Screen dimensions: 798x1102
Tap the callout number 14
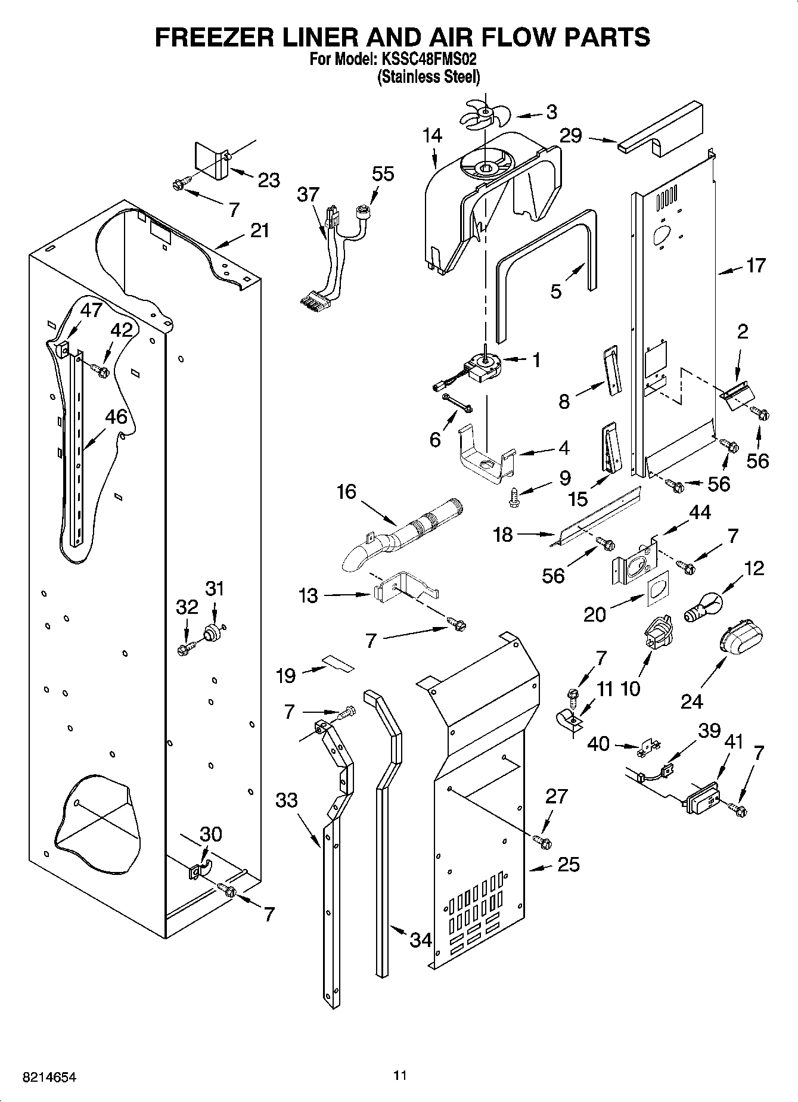(x=433, y=136)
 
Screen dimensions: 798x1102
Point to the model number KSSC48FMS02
(x=426, y=60)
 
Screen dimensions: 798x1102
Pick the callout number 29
(x=570, y=136)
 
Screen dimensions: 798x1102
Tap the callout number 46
(x=116, y=417)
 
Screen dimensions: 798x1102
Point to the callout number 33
(x=287, y=800)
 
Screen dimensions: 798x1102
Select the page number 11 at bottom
(x=400, y=1075)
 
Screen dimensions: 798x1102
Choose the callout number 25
(x=568, y=864)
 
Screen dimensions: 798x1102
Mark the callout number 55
(x=383, y=173)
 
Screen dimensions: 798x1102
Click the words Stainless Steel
(x=429, y=77)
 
